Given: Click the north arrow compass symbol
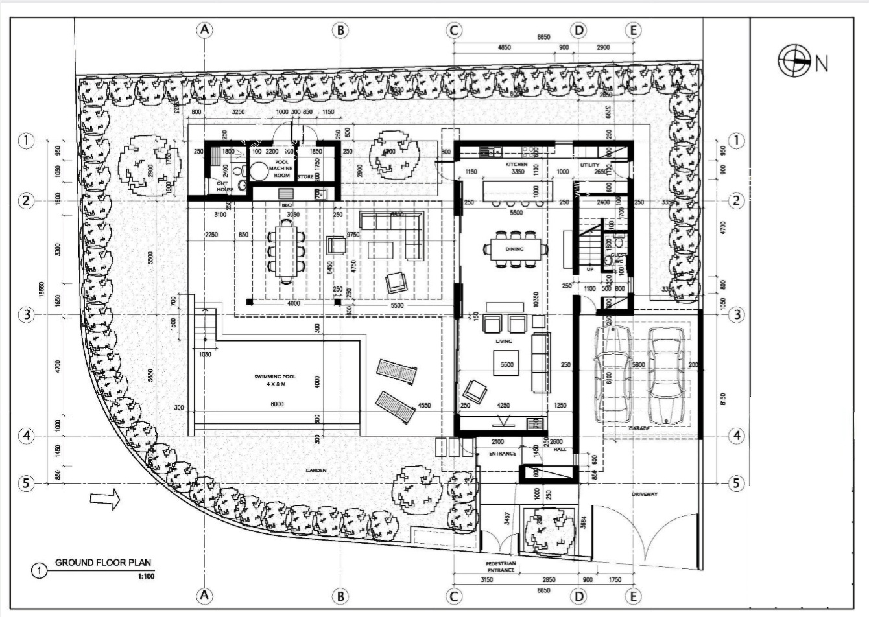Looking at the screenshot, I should [x=794, y=62].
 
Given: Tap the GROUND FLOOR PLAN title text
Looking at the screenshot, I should [x=103, y=563].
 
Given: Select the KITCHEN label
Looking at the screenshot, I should [x=517, y=165].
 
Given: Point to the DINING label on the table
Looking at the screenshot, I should [x=514, y=249].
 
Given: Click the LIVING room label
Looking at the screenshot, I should [x=504, y=341].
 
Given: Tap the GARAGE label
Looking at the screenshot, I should [x=639, y=428].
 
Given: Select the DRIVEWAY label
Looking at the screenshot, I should [x=644, y=494].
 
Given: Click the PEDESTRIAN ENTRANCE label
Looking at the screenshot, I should [x=501, y=566].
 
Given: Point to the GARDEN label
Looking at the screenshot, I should [x=316, y=470].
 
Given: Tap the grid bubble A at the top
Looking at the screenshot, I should [x=205, y=30].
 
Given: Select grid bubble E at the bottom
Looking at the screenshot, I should [x=634, y=596].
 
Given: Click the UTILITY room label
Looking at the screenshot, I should [x=589, y=165].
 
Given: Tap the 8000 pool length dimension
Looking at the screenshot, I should [x=276, y=404].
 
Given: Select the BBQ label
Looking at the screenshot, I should [x=287, y=205].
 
